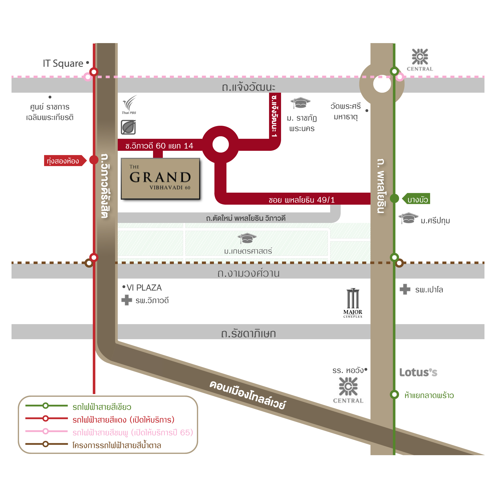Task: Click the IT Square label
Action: pos(63,64)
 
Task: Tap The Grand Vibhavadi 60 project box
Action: pos(160,179)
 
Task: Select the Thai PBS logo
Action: pos(129,104)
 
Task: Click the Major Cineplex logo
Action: pos(353,303)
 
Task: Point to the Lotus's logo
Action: pos(418,372)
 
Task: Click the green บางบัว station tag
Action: pos(417,199)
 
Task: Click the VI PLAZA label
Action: pos(144,288)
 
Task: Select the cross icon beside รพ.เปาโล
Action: pos(405,289)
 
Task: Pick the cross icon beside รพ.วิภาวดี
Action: pos(127,300)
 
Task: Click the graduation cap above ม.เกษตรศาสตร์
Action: pos(247,238)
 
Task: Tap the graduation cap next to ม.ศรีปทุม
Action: pos(408,218)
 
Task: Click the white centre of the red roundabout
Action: pos(220,145)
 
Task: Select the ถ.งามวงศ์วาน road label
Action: pos(248,273)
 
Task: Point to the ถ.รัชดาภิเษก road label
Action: pos(248,333)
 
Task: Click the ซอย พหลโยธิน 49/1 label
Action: pos(302,200)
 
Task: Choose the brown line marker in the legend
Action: pos(46,444)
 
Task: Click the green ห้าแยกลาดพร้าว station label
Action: pos(429,396)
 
